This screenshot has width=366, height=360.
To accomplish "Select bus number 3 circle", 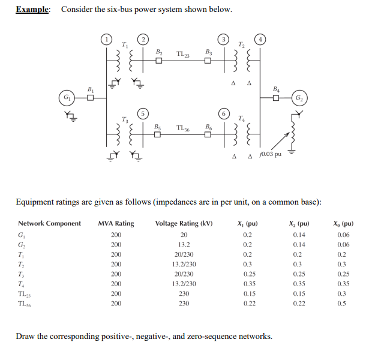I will [223, 40].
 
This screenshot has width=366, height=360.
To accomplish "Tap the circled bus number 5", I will [143, 112].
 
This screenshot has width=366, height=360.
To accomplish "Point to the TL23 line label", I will [184, 55].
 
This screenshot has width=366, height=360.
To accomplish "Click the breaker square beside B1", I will [91, 98].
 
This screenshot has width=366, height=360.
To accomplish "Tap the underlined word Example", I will [33, 10].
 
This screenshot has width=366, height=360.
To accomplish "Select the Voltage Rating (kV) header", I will [184, 223].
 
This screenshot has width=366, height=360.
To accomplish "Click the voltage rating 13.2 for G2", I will [184, 245].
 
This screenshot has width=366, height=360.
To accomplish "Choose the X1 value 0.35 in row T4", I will [247, 284].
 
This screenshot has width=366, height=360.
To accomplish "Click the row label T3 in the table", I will [22, 274].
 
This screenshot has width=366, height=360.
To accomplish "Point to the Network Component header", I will [49, 223].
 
